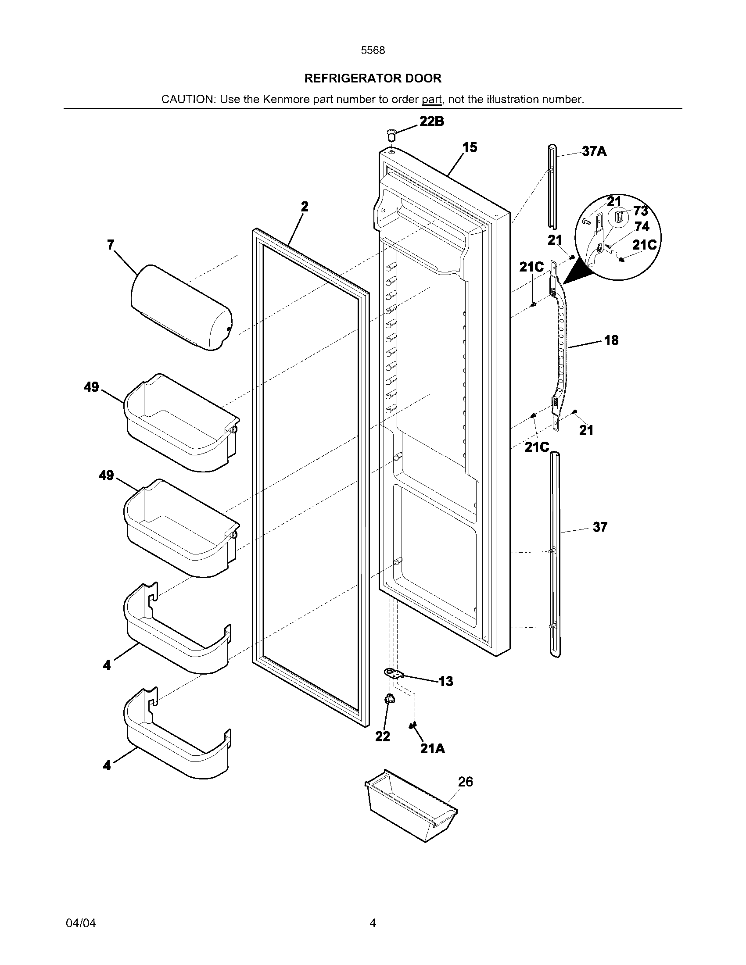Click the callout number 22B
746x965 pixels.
(x=431, y=122)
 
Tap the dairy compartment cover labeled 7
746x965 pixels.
(x=182, y=307)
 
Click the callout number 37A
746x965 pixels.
(x=594, y=152)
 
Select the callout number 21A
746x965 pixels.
(x=432, y=748)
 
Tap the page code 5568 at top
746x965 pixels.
(x=373, y=50)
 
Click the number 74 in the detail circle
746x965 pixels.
(x=642, y=227)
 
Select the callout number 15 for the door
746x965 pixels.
(x=470, y=147)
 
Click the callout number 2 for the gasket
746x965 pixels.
(x=305, y=206)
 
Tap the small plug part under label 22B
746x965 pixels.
(x=391, y=134)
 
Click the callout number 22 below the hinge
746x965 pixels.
(x=383, y=736)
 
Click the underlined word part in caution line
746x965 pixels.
(x=431, y=100)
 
